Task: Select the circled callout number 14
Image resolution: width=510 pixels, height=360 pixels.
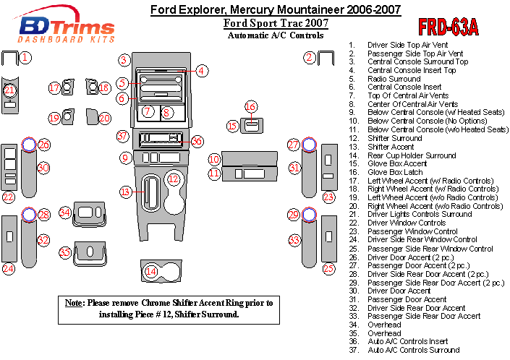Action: (150, 272)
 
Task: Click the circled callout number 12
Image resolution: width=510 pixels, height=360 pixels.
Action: (174, 179)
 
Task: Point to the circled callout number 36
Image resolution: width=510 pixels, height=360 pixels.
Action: (196, 142)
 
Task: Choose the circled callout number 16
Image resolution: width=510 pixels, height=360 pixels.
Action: (250, 108)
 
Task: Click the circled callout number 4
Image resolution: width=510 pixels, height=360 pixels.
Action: (202, 71)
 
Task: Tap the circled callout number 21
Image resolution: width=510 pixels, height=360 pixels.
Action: (9, 90)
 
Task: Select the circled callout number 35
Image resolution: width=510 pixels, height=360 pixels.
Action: (65, 252)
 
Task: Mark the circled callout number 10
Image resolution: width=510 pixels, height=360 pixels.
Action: (214, 159)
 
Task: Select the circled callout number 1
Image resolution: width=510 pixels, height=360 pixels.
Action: (25, 57)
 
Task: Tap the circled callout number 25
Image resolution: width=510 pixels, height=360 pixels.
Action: (329, 269)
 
